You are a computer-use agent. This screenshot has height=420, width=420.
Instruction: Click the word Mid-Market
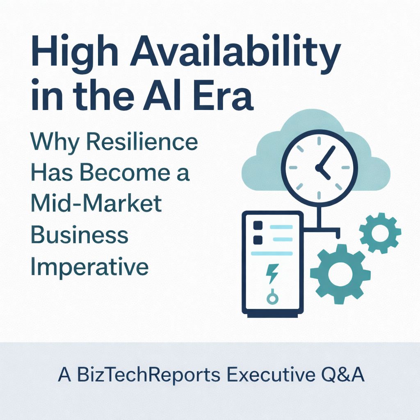point(96,204)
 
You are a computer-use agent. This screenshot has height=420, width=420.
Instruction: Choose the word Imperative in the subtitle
point(89,267)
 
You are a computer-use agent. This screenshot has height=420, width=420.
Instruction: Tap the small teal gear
point(380,233)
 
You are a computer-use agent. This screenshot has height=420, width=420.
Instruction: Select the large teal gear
point(340,274)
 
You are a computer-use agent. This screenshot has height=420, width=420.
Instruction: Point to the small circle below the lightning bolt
point(272,298)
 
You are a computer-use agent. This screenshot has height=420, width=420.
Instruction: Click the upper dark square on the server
point(258,226)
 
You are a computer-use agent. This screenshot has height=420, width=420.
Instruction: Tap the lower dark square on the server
point(258,240)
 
